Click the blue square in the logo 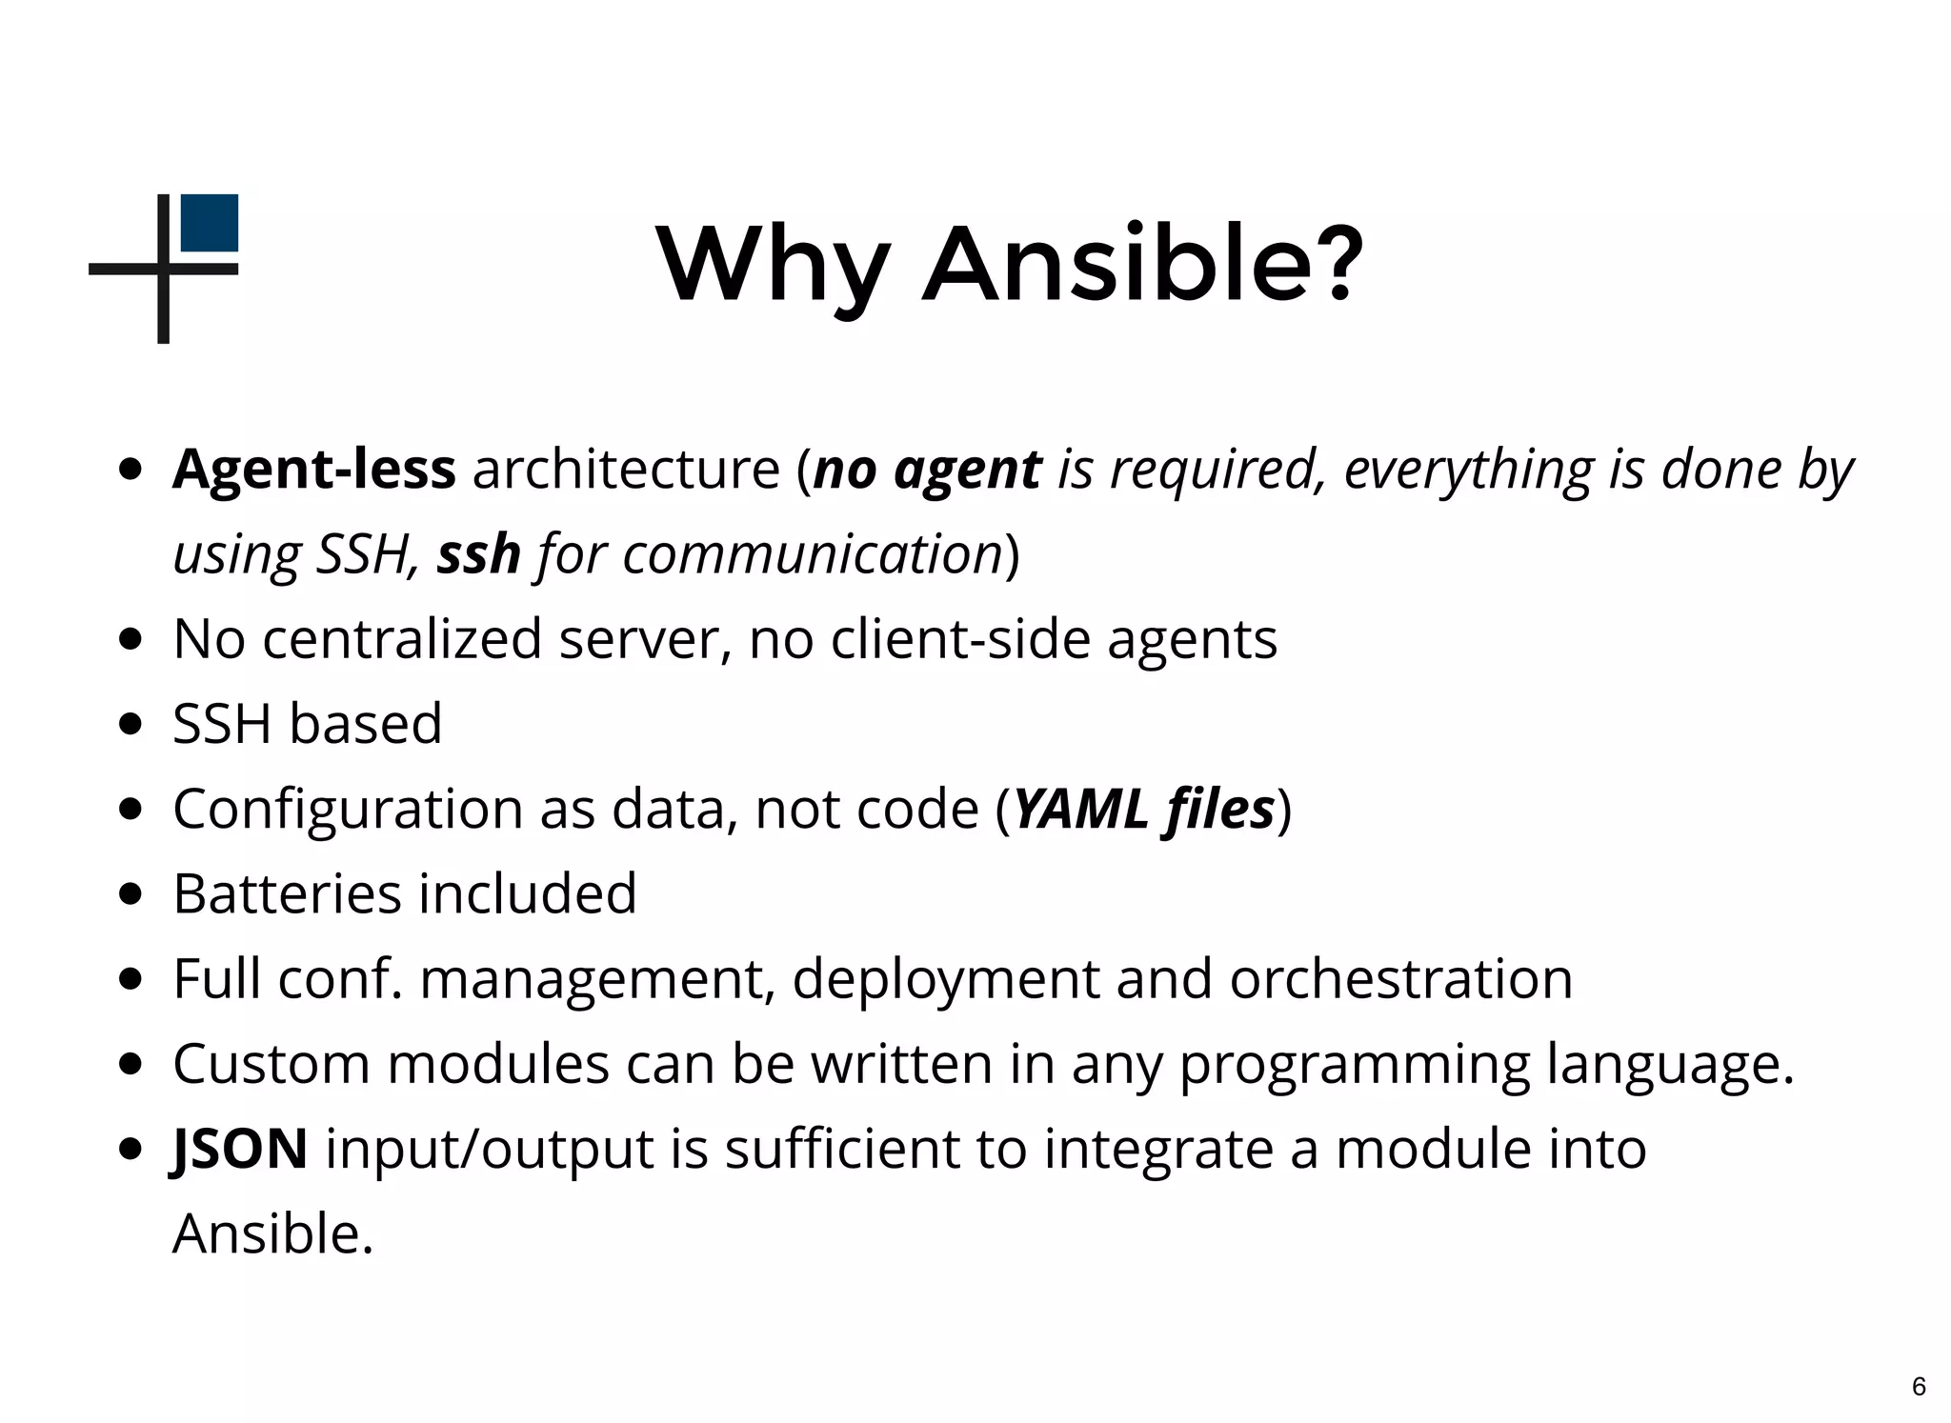point(209,223)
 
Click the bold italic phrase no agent point(928,471)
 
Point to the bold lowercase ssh point(478,554)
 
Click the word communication point(812,554)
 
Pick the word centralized point(402,638)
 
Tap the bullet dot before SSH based point(131,724)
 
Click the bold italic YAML point(1080,809)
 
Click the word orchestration point(1400,979)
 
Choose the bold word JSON point(240,1149)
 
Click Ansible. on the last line point(273,1233)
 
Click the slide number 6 point(1919,1387)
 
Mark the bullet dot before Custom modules point(131,1063)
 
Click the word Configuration point(349,810)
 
